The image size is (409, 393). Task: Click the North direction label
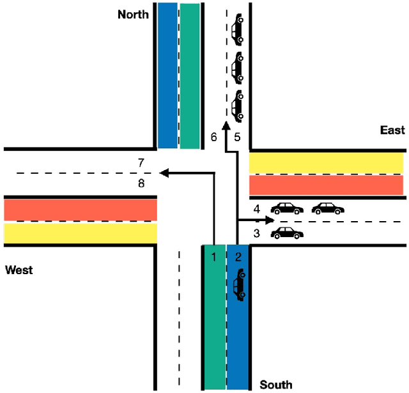[x=133, y=14]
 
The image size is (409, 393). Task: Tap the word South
[x=275, y=384]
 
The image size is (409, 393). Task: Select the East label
[x=392, y=130]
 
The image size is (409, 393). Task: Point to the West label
[x=19, y=270]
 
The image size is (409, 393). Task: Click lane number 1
[x=215, y=257]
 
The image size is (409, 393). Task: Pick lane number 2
[x=238, y=257]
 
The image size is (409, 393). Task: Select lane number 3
[x=256, y=233]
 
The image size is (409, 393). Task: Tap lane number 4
[x=256, y=209]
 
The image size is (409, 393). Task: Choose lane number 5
[x=236, y=137]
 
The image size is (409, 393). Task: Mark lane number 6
[x=214, y=137]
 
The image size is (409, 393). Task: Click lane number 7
[x=141, y=162]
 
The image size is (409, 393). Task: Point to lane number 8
[x=141, y=183]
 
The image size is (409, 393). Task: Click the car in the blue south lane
[x=239, y=285]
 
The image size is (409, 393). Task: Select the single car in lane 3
[x=287, y=233]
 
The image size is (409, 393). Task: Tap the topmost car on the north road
[x=238, y=29]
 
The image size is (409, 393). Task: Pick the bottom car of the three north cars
[x=238, y=105]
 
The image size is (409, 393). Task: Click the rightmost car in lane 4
[x=328, y=208]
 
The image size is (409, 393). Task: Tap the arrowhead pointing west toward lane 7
[x=164, y=173]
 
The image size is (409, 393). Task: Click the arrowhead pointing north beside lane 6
[x=225, y=127]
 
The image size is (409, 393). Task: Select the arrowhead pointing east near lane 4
[x=270, y=219]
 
